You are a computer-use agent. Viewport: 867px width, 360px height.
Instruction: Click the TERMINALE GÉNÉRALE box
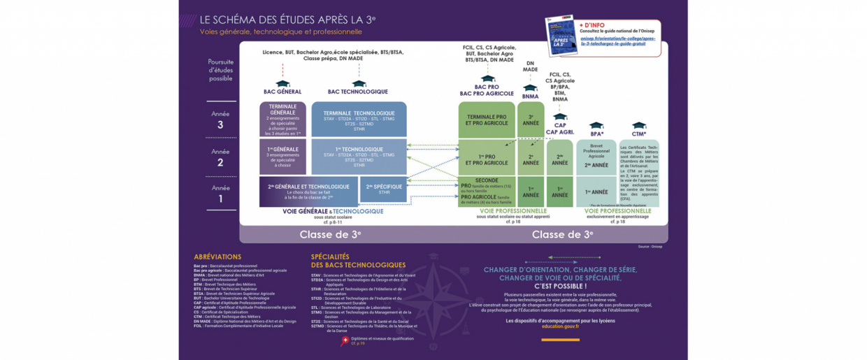282,120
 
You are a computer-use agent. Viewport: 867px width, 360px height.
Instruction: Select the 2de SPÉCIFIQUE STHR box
383,189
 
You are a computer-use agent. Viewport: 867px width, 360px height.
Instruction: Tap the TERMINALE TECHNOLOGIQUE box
359,120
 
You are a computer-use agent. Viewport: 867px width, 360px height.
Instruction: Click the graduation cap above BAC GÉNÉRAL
282,83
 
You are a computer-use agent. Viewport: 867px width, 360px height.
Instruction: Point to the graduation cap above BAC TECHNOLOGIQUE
358,83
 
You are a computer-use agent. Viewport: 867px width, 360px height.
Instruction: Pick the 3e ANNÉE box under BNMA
531,120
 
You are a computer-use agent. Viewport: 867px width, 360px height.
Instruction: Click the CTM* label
638,134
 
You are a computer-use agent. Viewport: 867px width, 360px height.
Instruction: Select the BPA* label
596,134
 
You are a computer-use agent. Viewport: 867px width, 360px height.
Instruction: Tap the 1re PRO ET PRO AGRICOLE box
487,159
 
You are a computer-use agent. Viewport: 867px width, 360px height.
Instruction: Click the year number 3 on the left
220,125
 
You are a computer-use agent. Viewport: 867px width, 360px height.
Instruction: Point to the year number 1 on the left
220,199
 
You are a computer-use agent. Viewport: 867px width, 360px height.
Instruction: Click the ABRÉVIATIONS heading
217,257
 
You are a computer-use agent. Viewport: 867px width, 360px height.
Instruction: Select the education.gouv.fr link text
560,326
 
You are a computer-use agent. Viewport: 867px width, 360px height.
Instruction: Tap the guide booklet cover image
561,36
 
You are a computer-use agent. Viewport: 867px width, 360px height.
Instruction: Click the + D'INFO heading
592,24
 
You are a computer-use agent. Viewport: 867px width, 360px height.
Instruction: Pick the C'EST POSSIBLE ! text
560,286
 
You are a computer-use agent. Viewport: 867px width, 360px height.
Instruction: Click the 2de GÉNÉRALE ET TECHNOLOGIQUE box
308,190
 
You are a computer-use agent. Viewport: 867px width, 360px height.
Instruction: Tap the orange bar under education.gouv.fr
560,340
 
